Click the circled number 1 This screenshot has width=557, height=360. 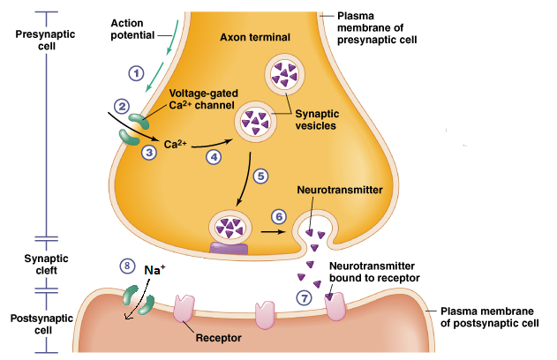(137, 74)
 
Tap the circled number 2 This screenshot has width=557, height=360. (123, 107)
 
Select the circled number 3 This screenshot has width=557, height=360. (149, 152)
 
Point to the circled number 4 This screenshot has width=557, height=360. (213, 156)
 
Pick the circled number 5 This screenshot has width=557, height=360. (260, 176)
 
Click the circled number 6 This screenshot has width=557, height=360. (278, 215)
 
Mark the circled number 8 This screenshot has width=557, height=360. (128, 266)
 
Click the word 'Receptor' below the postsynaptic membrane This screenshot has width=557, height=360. (217, 336)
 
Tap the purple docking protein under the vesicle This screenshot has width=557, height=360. (229, 250)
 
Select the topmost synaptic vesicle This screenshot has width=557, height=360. (285, 74)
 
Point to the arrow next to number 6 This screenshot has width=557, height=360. (275, 233)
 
